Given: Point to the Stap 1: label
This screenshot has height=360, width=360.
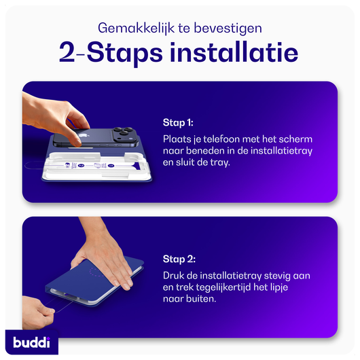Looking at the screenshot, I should pyautogui.click(x=178, y=123).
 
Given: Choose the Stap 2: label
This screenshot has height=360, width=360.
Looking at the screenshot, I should pyautogui.click(x=179, y=258).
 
